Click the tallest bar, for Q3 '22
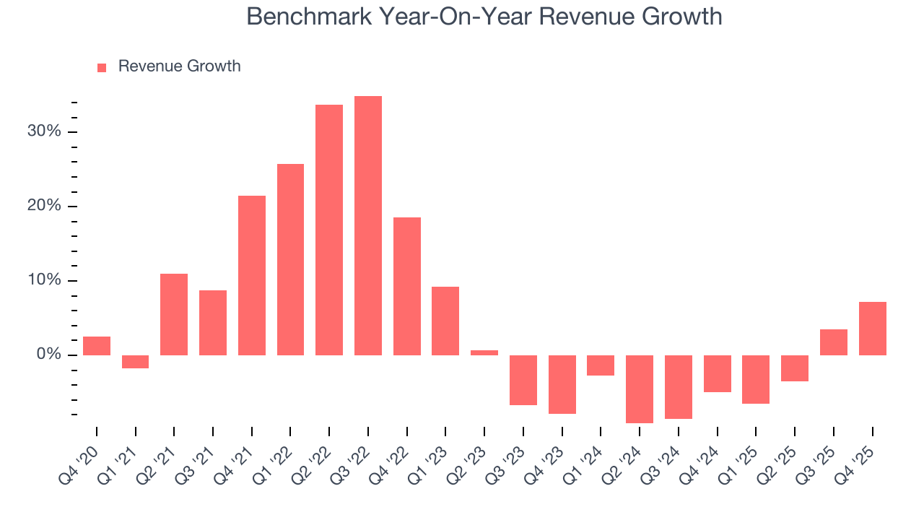[x=367, y=225]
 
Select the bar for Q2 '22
[x=329, y=230]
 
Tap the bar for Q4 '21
[x=252, y=275]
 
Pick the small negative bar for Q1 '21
[x=135, y=362]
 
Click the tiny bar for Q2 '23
[x=484, y=352]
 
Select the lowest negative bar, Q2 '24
[x=640, y=389]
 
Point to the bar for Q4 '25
[x=872, y=329]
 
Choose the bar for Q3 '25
[x=834, y=342]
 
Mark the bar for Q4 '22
[x=407, y=286]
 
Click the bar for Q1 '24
[x=601, y=365]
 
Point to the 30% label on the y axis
[x=45, y=131]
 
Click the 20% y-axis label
[x=45, y=206]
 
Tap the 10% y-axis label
[x=45, y=280]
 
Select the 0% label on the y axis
[x=48, y=355]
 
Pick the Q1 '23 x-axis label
[x=434, y=456]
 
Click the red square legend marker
[x=102, y=67]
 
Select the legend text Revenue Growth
[x=179, y=66]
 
